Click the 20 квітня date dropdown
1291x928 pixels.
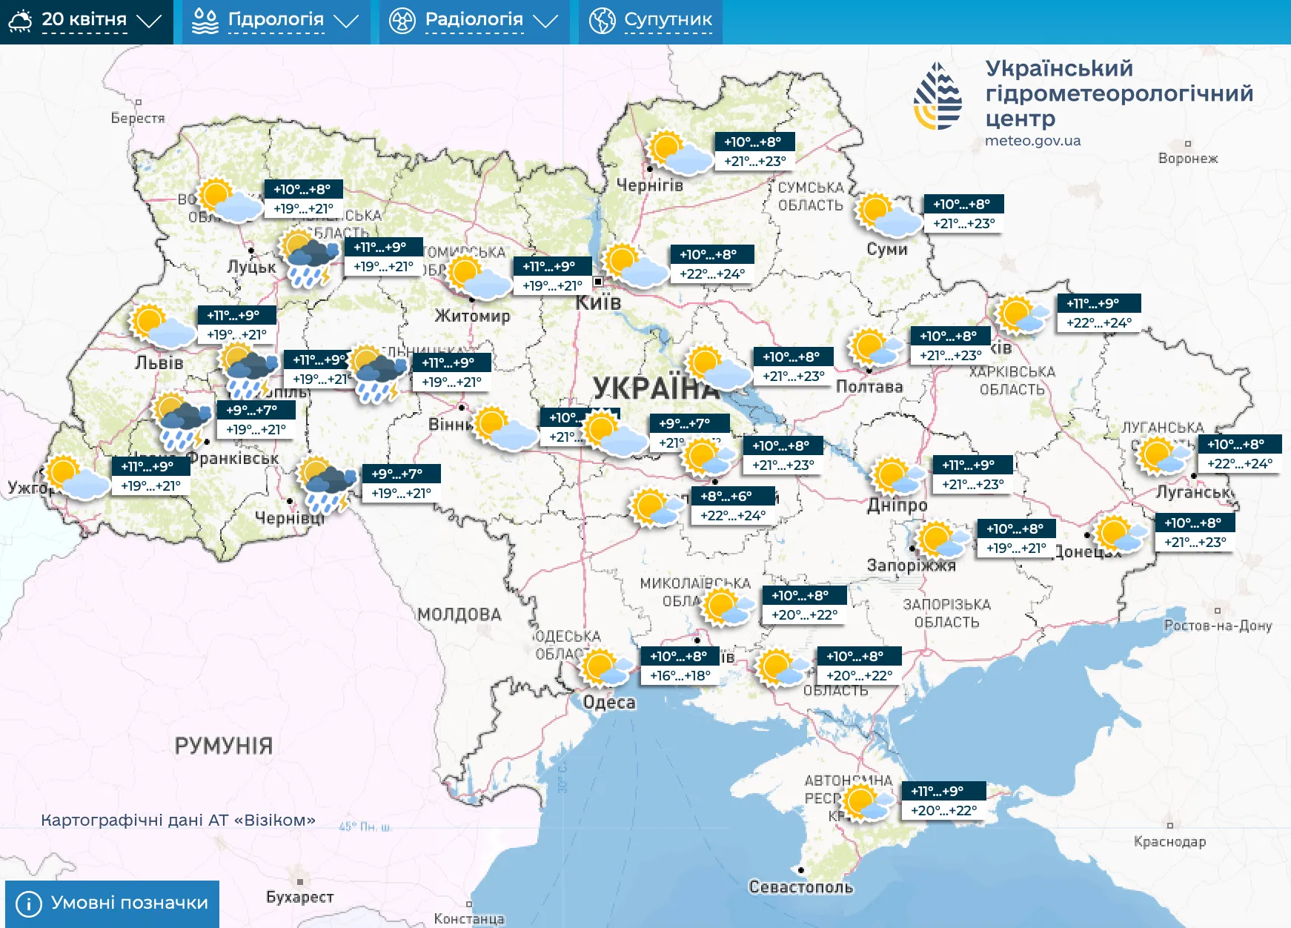coord(84,21)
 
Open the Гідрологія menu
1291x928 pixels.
coord(275,21)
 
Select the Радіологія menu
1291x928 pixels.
coord(474,21)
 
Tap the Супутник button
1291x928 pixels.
coord(651,21)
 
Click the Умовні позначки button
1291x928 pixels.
coord(113,903)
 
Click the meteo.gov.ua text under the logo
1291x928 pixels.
coord(1032,141)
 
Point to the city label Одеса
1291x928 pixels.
coord(609,702)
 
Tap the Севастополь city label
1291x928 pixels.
coord(801,886)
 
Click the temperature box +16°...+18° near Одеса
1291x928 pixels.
coord(680,675)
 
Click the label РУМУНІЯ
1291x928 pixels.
coord(224,746)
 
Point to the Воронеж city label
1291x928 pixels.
coord(1188,158)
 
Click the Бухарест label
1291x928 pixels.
coord(300,897)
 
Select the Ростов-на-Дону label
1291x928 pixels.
coord(1218,625)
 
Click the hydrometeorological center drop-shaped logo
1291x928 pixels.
coord(937,96)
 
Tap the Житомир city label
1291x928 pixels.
coord(472,316)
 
